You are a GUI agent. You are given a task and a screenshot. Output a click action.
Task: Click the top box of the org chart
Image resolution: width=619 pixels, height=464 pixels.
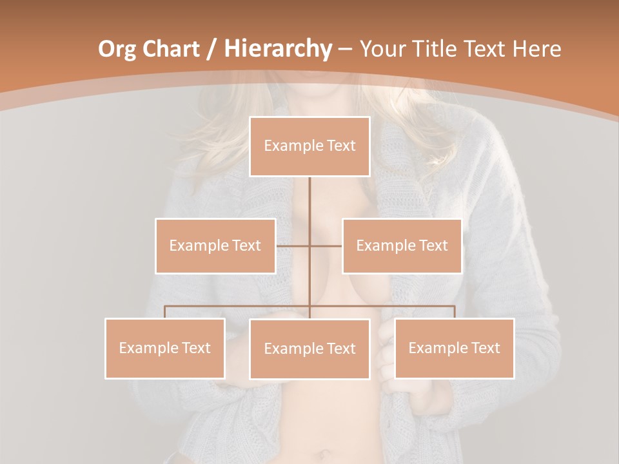coord(309,146)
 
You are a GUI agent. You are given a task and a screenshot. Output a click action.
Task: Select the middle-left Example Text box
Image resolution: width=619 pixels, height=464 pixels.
coord(215,246)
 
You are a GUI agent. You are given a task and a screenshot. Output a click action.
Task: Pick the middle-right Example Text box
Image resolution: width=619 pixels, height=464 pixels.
coord(402,246)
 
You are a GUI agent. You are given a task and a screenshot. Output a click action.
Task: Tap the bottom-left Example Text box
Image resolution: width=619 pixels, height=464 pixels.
coord(165,348)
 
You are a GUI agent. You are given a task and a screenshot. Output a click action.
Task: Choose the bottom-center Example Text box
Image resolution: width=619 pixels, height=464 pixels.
coord(309,349)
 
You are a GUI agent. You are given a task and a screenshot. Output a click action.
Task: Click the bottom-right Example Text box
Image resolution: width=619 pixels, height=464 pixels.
coord(454,348)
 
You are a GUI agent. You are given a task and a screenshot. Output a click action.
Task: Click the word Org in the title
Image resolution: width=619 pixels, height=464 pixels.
coord(117,49)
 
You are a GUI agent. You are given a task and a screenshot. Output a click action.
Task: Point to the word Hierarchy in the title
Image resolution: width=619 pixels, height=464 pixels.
coord(278,49)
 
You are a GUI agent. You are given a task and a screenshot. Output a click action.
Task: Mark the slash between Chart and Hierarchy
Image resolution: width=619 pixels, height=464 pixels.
coord(211,49)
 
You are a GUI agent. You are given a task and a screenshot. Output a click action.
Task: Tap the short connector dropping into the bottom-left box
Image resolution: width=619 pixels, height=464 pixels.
coord(165,312)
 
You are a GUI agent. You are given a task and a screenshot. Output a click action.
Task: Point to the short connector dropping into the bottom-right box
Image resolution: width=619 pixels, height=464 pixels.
coord(454,312)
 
